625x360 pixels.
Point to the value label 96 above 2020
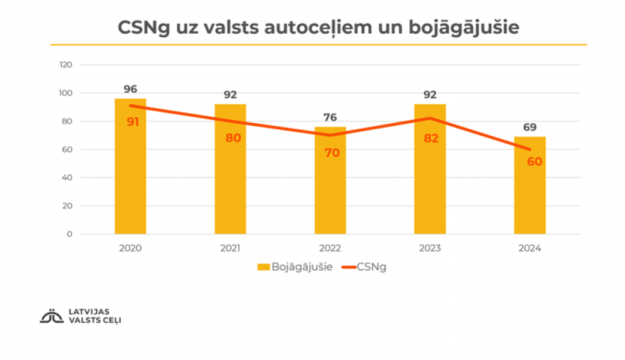(130, 89)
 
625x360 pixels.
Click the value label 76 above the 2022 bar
(330, 117)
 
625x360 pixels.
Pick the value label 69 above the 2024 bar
(530, 127)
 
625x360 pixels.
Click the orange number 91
(132, 122)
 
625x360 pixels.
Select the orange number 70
(332, 152)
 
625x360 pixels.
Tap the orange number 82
(431, 138)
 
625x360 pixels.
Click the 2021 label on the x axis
(230, 248)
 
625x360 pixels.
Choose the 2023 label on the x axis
(430, 248)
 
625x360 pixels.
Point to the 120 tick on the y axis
(66, 65)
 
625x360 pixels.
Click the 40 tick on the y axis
(67, 177)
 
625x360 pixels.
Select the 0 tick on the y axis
(70, 234)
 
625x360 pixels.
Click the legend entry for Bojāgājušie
(294, 267)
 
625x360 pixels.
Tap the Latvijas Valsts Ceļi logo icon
(49, 316)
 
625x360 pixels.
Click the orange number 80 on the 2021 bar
(233, 138)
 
